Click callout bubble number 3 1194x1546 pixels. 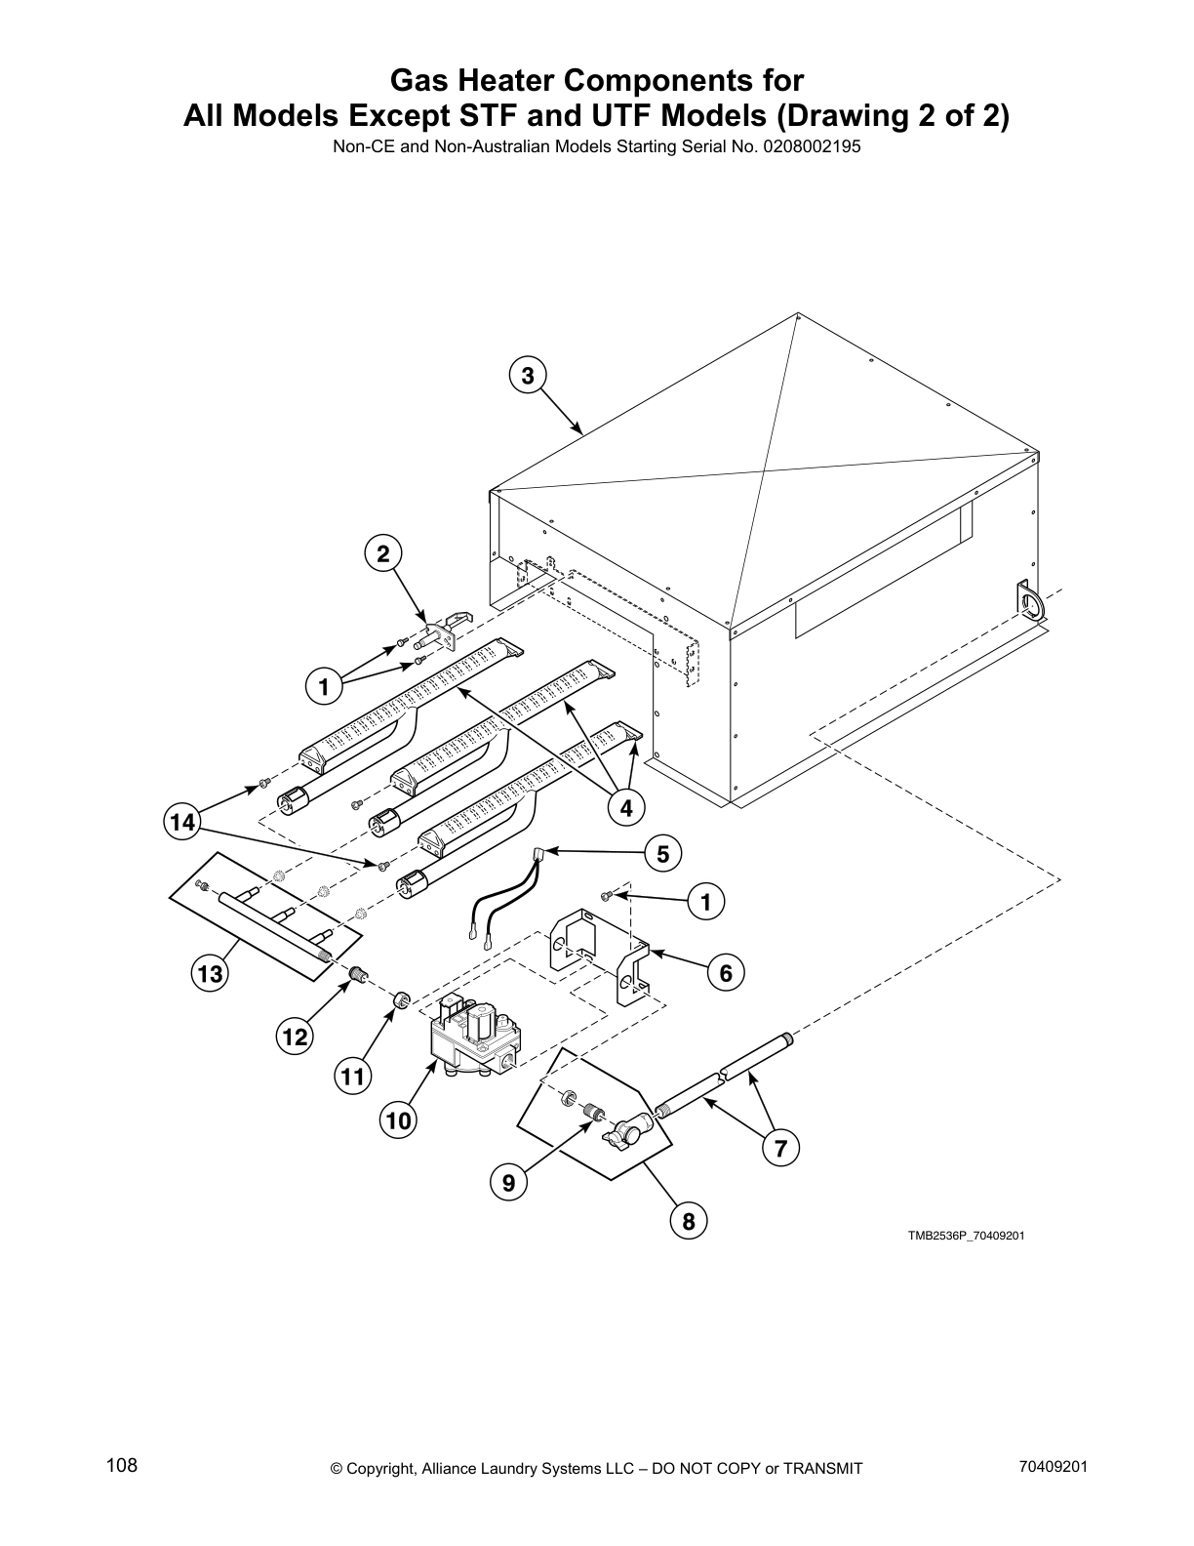coord(527,376)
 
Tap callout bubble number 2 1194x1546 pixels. coord(383,554)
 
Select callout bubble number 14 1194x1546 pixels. coord(181,823)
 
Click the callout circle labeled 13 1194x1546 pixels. coord(211,973)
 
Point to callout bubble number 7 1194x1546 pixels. coord(780,1149)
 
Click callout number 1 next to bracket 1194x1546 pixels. coord(706,902)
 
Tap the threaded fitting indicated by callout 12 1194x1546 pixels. coord(358,974)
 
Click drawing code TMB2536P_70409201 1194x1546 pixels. coord(966,1236)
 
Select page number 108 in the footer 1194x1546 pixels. coord(122,1465)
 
